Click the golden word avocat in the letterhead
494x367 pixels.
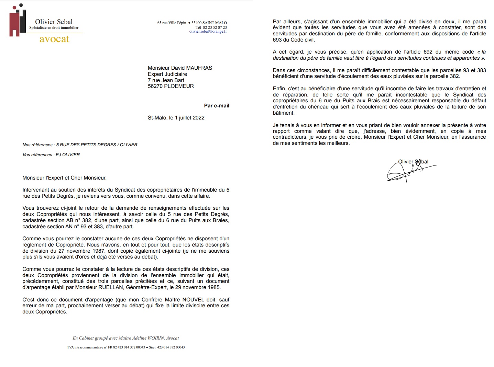pyautogui.click(x=54, y=39)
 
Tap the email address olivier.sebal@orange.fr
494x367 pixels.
pyautogui.click(x=208, y=32)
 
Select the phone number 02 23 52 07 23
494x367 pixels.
pyautogui.click(x=215, y=27)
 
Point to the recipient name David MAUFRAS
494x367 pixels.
pyautogui.click(x=193, y=68)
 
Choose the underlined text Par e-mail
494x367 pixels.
pyautogui.click(x=217, y=106)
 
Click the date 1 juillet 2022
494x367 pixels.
pyautogui.click(x=189, y=118)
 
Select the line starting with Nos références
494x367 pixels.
pyautogui.click(x=80, y=145)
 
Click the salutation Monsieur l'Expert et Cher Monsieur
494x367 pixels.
pyautogui.click(x=64, y=178)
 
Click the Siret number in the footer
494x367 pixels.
pyautogui.click(x=171, y=347)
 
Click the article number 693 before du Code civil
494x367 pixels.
pyautogui.click(x=277, y=40)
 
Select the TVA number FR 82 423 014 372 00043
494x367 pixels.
pyautogui.click(x=127, y=347)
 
